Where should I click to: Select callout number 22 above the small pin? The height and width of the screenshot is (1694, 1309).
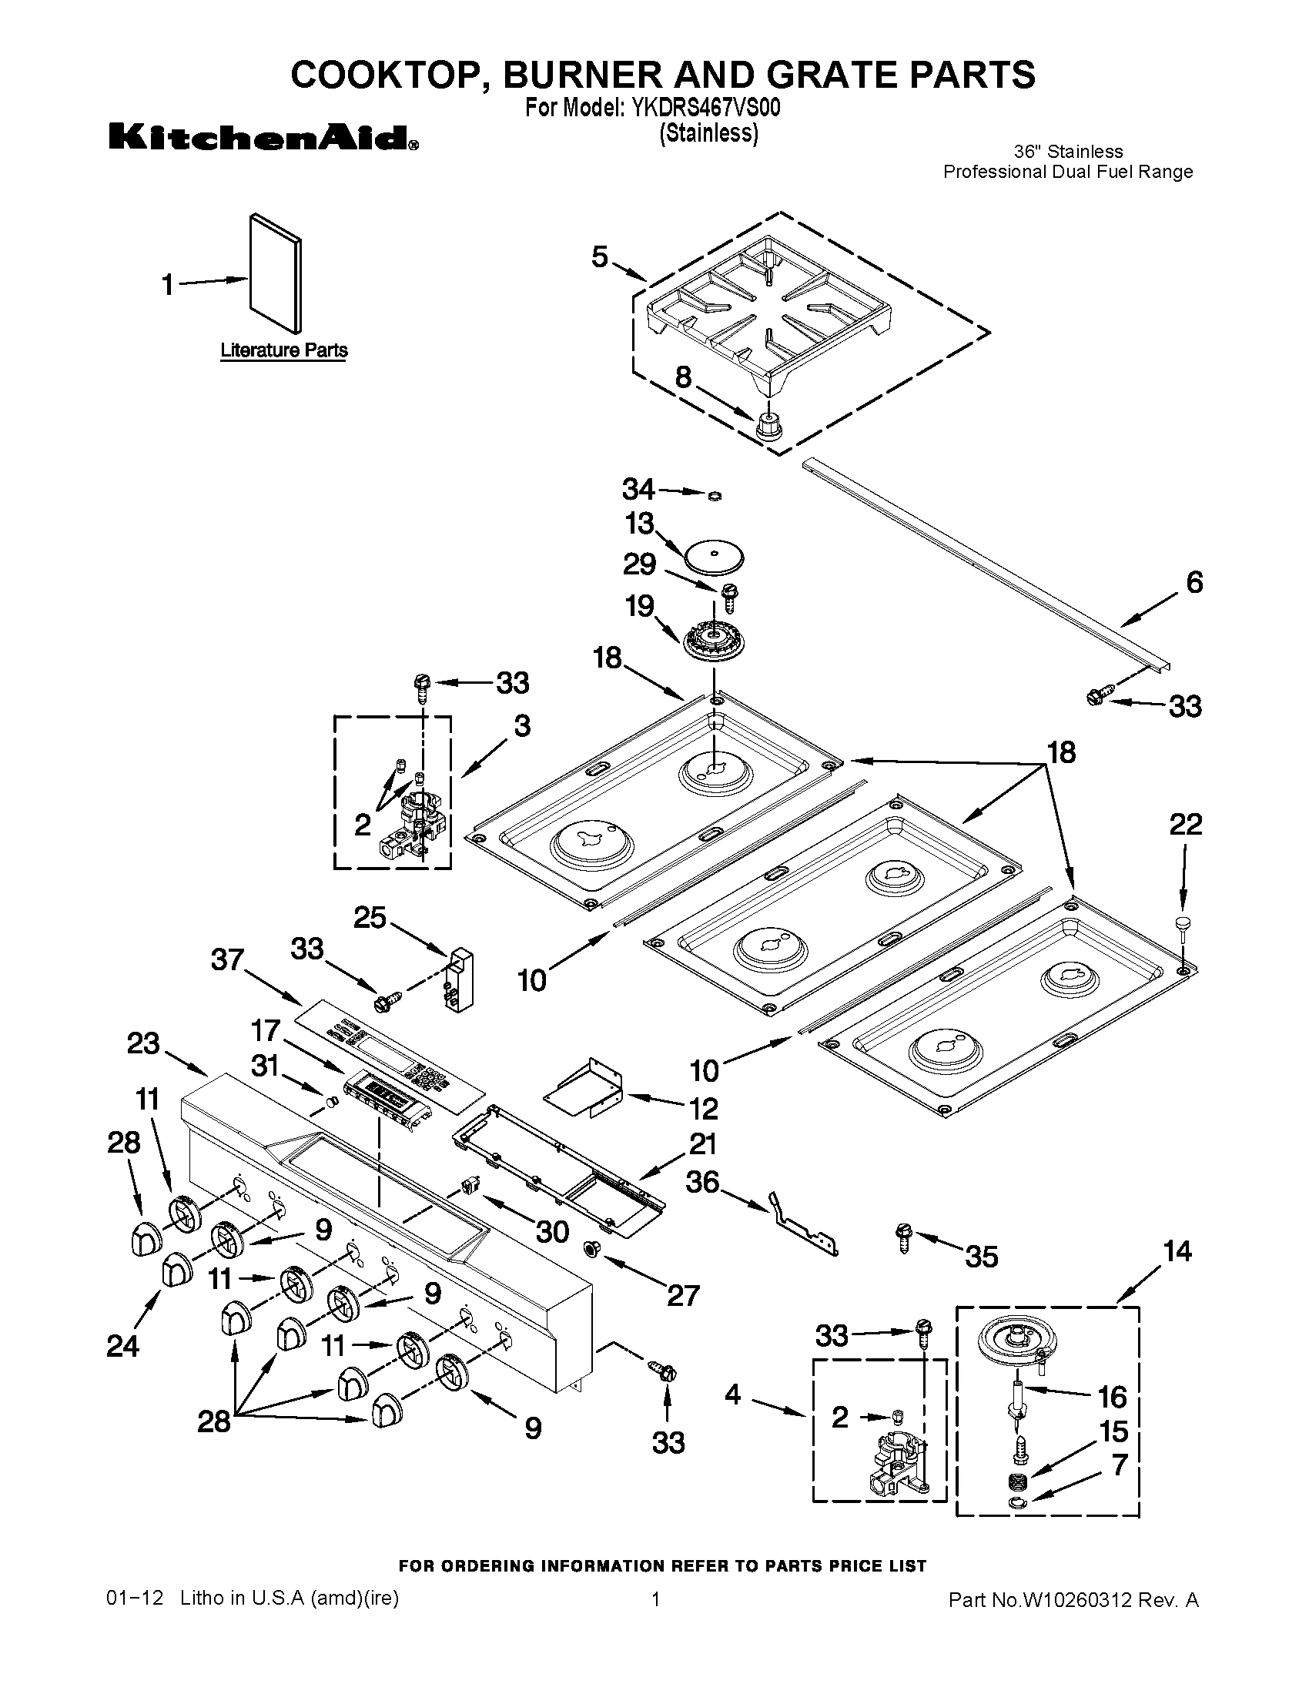(x=1186, y=825)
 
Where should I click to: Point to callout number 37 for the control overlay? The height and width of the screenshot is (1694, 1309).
(x=228, y=960)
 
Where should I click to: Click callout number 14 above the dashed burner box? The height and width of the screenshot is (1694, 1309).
(x=1177, y=1251)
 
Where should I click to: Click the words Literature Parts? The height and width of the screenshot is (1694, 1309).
(x=284, y=350)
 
